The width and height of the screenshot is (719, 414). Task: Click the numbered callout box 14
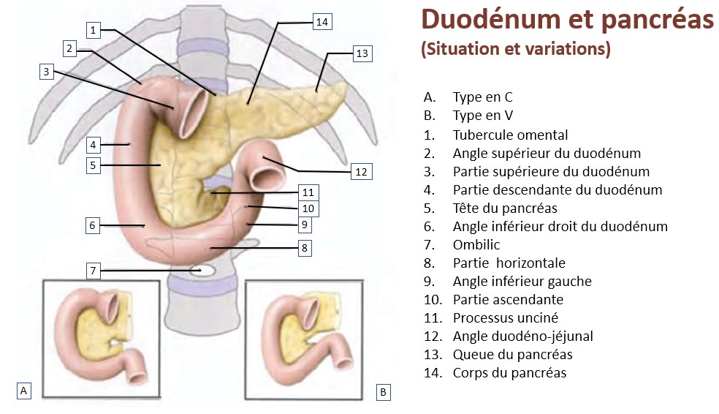point(322,22)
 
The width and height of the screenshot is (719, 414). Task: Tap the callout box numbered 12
point(361,172)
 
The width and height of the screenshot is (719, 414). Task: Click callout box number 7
point(93,271)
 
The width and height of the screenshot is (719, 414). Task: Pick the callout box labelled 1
point(93,30)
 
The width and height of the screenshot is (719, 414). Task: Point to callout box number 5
point(93,165)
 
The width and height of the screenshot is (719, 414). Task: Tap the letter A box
point(25,391)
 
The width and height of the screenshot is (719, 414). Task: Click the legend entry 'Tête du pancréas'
point(504,208)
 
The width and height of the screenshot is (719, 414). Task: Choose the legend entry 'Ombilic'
point(476,244)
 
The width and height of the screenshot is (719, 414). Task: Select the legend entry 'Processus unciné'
point(506,317)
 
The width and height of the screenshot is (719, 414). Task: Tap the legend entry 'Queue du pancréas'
point(512,354)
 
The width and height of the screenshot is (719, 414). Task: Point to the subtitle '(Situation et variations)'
point(515,50)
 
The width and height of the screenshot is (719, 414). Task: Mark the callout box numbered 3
point(46,72)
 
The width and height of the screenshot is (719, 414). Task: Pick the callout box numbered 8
point(305,249)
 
